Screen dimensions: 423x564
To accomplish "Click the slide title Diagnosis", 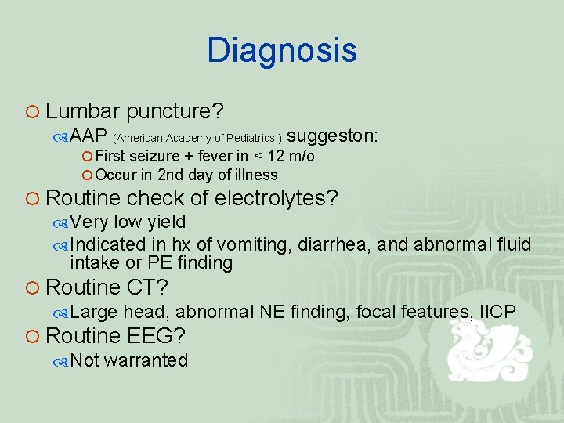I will click(x=282, y=51).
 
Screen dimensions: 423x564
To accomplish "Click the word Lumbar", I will click(x=82, y=112).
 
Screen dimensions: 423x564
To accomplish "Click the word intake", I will click(x=93, y=263).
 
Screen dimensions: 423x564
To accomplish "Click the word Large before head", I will click(x=94, y=313).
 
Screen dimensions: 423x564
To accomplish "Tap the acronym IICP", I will click(x=494, y=313).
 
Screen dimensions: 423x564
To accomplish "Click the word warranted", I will click(x=146, y=361).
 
